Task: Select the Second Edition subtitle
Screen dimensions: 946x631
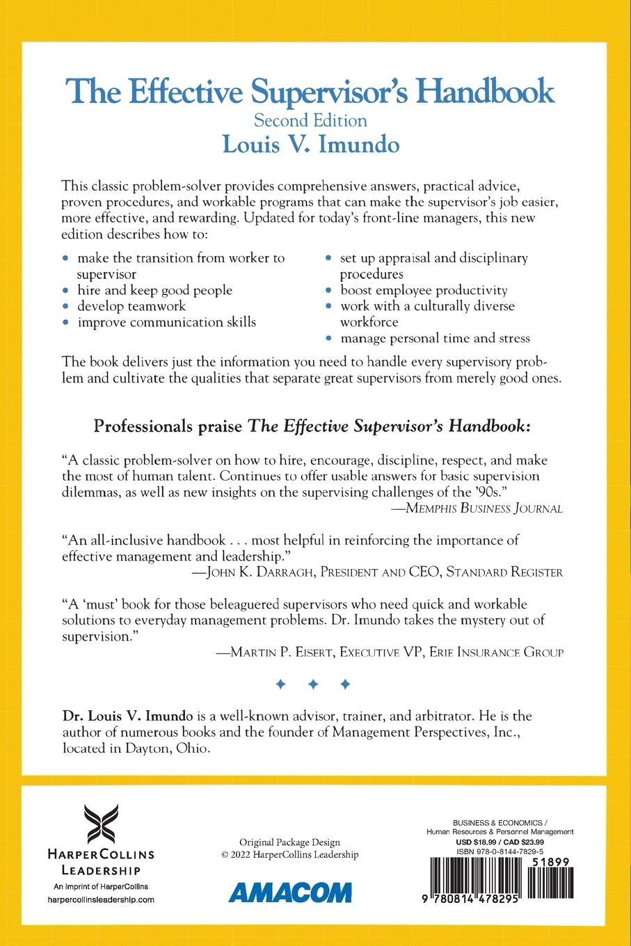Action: tap(310, 120)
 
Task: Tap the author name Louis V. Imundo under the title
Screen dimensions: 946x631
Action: tap(311, 144)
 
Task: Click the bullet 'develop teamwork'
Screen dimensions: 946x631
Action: tap(131, 306)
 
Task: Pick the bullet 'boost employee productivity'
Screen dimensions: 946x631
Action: tap(424, 290)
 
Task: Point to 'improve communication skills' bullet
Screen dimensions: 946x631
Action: tap(166, 322)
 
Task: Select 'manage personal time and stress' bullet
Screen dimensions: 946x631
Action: tap(435, 338)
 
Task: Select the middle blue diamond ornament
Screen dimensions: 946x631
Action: tap(313, 685)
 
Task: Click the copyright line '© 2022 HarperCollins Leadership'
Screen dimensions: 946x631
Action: tap(290, 855)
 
